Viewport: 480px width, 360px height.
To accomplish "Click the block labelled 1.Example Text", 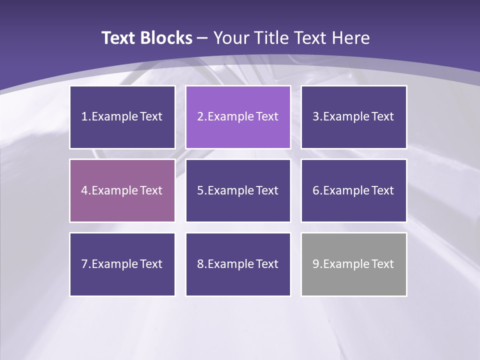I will coord(122,117).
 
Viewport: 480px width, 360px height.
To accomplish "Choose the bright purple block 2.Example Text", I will coord(238,117).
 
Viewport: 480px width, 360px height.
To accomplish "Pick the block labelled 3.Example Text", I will coord(354,117).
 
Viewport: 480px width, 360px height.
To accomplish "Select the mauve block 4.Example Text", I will coord(122,190).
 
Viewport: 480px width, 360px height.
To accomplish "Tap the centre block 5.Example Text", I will coord(238,190).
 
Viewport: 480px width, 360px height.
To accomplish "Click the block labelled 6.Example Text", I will coord(354,190).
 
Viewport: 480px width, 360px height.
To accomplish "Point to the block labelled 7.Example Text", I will coord(122,264).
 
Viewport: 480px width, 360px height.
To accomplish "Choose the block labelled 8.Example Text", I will coord(238,264).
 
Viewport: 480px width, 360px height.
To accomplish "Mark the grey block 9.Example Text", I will coord(354,264).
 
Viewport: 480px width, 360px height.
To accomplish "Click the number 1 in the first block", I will coord(84,117).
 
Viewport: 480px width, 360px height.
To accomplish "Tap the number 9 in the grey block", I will coord(316,264).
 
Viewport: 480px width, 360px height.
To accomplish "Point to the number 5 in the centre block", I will coord(200,190).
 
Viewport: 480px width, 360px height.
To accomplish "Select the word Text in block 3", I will coord(382,117).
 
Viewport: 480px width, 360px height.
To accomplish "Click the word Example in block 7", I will coord(114,264).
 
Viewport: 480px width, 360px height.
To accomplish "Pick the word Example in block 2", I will coord(230,117).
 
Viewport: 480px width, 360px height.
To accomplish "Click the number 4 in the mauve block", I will coord(84,190).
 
